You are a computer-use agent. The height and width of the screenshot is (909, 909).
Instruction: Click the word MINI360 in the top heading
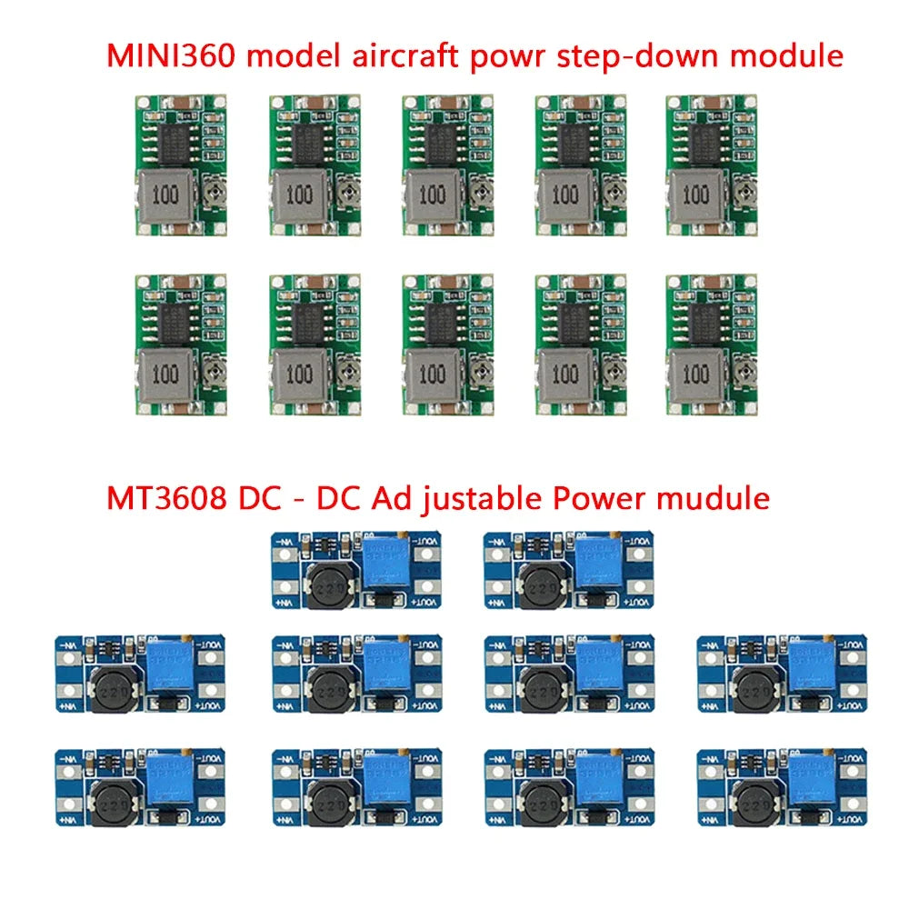[x=174, y=56]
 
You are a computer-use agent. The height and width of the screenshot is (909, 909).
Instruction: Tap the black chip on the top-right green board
[x=702, y=142]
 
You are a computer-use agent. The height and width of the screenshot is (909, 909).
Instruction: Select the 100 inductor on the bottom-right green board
[x=697, y=375]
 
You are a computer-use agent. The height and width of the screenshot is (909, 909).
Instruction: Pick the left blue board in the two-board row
[x=355, y=570]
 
